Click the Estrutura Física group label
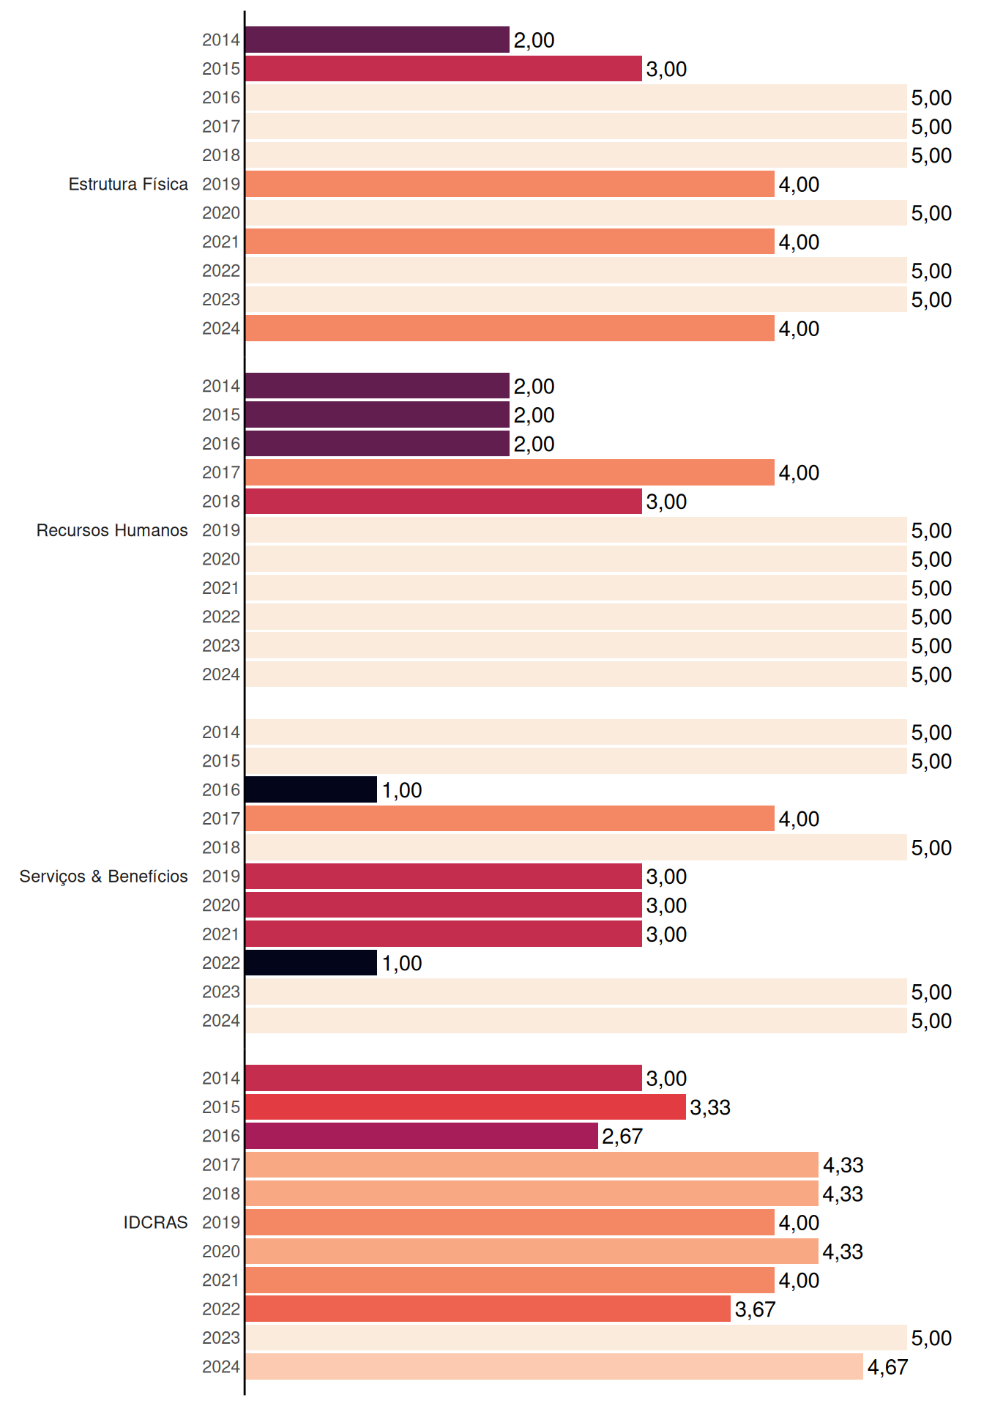128,184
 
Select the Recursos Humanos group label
112,530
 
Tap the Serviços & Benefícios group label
103,877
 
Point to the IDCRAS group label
155,1222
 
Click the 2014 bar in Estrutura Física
377,40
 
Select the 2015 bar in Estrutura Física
444,69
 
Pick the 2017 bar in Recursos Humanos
510,472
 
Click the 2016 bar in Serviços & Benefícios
311,789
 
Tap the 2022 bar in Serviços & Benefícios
311,963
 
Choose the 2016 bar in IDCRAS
422,1136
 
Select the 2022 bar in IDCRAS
488,1309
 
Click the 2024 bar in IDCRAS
554,1366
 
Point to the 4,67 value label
887,1367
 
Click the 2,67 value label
622,1137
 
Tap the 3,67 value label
755,1309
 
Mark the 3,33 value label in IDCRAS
710,1107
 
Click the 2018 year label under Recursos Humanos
221,502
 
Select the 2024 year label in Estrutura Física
221,329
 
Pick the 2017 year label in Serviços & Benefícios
221,819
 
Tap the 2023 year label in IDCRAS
221,1338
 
